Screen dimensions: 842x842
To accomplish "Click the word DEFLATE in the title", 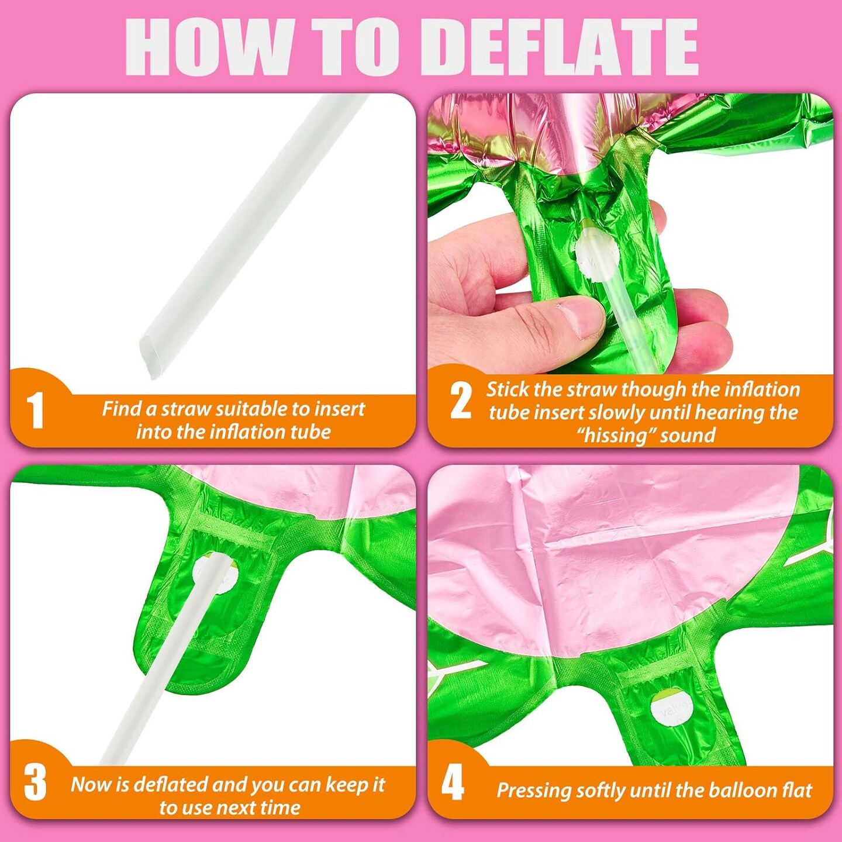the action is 567,47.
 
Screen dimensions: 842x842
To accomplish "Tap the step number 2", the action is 461,401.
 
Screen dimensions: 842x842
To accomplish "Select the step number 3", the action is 35,785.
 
